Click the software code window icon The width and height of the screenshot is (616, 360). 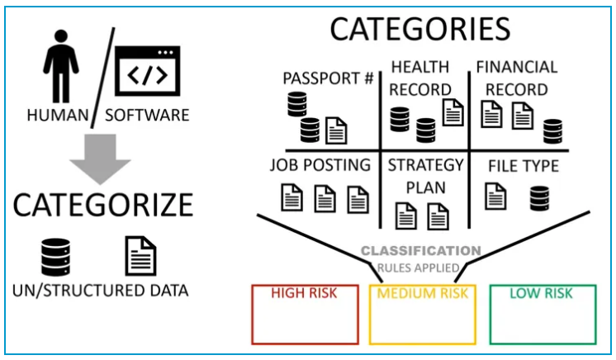point(146,73)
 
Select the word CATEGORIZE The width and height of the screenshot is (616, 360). point(102,204)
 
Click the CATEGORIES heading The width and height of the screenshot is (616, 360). point(419,29)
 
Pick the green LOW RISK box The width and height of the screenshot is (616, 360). point(542,314)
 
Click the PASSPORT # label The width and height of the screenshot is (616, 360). point(328,79)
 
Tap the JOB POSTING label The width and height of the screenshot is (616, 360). point(320,164)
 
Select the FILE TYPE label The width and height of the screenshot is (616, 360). point(523,166)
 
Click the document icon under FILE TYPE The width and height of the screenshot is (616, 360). point(495,196)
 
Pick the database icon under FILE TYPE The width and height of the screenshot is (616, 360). point(539,197)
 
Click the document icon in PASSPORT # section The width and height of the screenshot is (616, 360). point(336,129)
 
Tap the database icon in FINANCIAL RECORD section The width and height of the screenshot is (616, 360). point(552,130)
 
